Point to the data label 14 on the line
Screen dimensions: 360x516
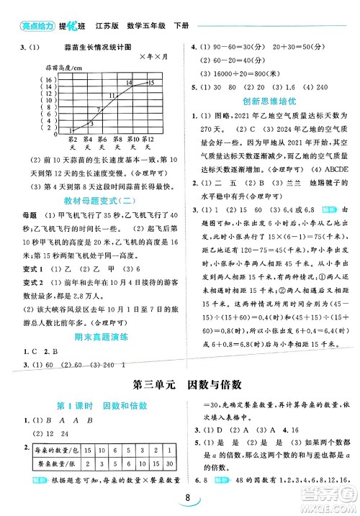click(x=127, y=83)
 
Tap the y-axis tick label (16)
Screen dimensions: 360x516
click(x=27, y=79)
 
